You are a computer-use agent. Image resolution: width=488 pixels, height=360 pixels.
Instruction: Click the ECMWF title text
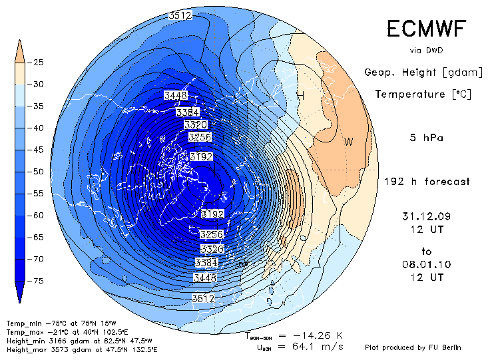(426, 29)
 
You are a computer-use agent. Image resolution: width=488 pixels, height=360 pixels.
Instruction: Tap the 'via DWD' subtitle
(426, 50)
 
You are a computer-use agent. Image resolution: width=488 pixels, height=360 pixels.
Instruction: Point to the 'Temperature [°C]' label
(423, 94)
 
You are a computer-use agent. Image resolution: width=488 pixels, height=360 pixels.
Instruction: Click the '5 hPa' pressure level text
(426, 138)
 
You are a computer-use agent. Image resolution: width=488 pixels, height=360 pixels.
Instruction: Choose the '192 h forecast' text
(427, 182)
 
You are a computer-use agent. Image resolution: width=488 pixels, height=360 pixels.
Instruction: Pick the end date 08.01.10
(427, 264)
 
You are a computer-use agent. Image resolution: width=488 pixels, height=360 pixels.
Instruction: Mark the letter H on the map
(300, 96)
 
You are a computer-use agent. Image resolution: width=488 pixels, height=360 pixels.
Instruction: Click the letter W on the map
(348, 141)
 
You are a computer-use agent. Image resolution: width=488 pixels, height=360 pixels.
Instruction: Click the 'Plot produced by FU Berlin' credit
(413, 347)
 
